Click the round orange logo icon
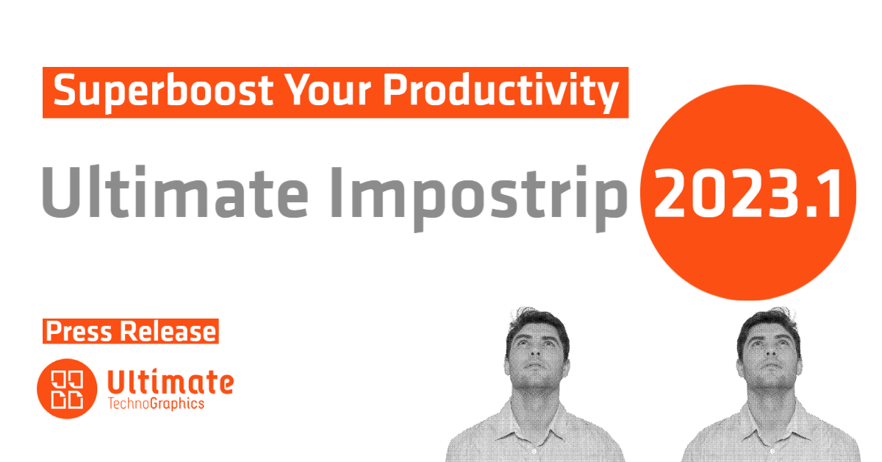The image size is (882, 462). pyautogui.click(x=67, y=388)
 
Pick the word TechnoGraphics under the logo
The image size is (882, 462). pyautogui.click(x=156, y=404)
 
